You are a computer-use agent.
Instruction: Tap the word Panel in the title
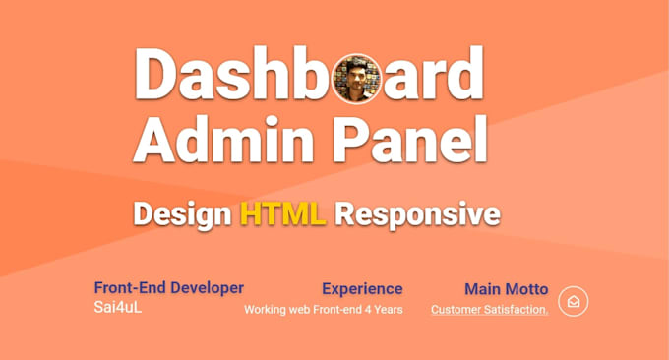point(409,139)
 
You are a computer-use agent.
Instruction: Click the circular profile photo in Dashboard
point(357,79)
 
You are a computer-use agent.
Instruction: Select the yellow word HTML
point(283,213)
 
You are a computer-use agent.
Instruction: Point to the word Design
point(183,215)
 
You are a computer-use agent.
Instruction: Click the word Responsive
point(417,215)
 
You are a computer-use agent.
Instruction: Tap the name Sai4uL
point(118,307)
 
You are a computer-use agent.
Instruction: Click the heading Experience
point(362,289)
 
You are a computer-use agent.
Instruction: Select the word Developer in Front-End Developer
point(207,288)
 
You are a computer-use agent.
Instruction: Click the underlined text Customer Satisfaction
point(489,310)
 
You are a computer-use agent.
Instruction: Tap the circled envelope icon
point(574,302)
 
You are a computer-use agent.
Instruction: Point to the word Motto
point(526,289)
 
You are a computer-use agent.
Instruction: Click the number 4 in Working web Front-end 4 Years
point(368,309)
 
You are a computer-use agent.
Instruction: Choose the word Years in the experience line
point(389,309)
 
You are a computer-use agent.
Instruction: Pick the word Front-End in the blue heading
point(130,288)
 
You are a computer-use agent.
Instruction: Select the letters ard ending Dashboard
point(434,74)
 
